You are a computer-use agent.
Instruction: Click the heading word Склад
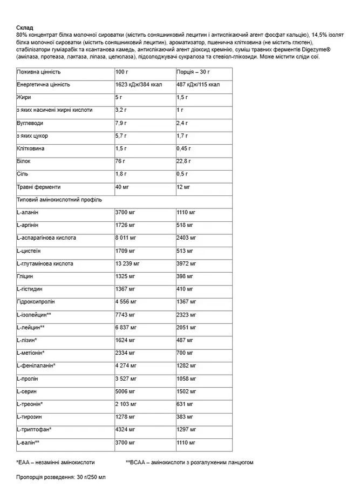(x=25, y=28)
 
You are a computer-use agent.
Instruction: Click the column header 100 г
(x=122, y=72)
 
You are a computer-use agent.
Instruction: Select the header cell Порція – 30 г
(x=193, y=72)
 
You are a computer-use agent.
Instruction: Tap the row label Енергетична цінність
(x=44, y=85)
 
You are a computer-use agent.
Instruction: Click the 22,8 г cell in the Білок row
(x=184, y=161)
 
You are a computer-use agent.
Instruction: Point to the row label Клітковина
(x=31, y=148)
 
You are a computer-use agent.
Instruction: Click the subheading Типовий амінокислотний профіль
(x=59, y=200)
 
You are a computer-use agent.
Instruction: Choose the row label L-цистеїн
(x=29, y=251)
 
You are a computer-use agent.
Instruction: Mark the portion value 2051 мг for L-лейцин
(x=186, y=328)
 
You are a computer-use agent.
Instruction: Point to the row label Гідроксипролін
(x=36, y=302)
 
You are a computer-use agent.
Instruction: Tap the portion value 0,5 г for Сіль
(x=182, y=174)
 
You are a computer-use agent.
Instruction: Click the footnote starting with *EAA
(x=56, y=463)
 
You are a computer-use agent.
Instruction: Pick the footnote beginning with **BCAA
(x=189, y=463)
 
